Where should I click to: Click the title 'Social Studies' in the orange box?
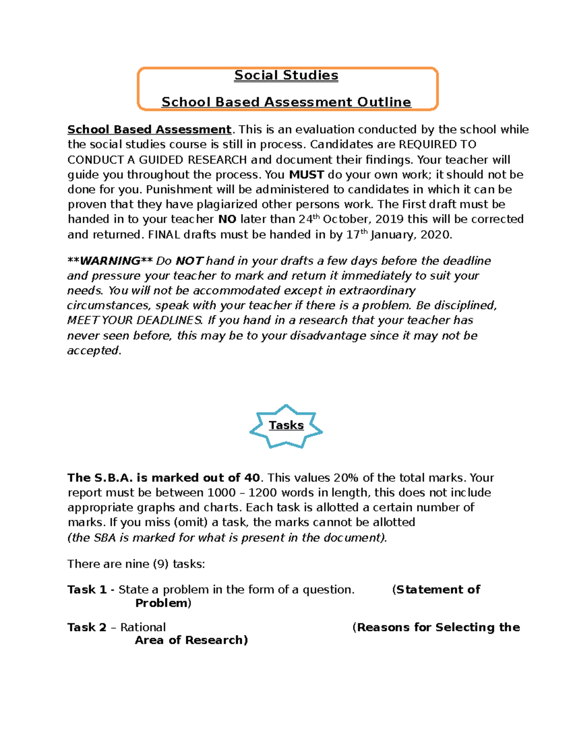pos(286,75)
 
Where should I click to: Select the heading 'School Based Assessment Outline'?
pos(286,102)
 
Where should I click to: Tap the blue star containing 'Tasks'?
pos(286,426)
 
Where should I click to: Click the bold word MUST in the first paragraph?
pos(307,175)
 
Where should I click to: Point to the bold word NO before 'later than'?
pos(227,219)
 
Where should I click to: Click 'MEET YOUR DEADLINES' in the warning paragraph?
pos(135,320)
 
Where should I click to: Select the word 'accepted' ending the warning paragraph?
pos(93,351)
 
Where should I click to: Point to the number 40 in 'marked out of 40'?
pos(252,478)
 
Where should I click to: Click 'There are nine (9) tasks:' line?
pos(136,564)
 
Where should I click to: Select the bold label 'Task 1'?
pos(86,590)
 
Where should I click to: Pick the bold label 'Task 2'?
pos(86,627)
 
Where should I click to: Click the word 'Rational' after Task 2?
pos(143,627)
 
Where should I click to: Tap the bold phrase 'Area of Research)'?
pos(191,640)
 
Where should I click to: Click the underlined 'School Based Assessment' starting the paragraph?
pos(149,130)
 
